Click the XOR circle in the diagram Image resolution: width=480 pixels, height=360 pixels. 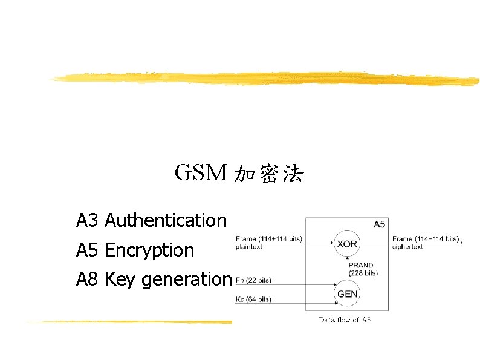coord(347,244)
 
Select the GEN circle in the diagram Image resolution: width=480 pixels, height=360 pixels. coord(347,294)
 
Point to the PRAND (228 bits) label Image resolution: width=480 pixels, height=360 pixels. coord(363,269)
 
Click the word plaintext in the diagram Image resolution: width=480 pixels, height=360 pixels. coord(250,247)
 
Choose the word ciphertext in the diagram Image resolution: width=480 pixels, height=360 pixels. coord(407,247)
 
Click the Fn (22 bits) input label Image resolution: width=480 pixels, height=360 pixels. coord(253,280)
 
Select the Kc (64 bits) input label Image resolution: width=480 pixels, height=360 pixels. coord(253,299)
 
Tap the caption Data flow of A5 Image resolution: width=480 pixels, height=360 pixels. coord(345,319)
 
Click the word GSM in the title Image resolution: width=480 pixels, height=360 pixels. coord(201,174)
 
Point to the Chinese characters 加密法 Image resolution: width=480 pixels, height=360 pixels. coord(268,175)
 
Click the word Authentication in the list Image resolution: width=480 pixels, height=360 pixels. coord(166,221)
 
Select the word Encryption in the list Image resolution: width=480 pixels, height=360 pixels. coord(149,250)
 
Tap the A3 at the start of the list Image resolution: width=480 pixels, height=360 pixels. coord(87,221)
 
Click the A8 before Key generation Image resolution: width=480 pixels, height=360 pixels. coord(87,279)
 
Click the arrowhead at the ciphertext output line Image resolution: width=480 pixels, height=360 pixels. coord(462,243)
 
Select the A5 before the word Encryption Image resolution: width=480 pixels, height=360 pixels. coord(87,250)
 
